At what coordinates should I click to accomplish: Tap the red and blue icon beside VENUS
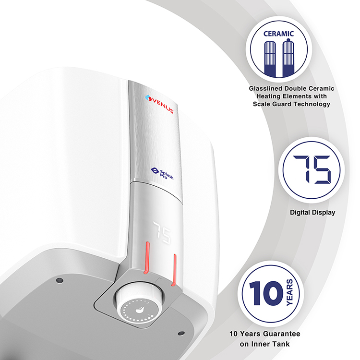(149, 98)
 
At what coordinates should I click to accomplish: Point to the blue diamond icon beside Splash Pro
(155, 170)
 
